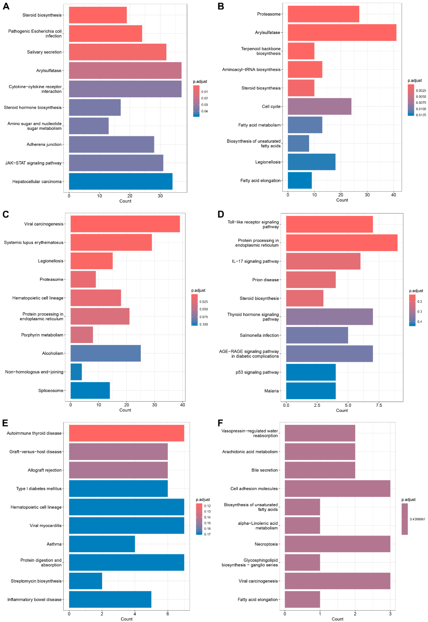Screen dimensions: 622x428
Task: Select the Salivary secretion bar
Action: click(118, 52)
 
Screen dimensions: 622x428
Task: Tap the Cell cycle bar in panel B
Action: click(319, 106)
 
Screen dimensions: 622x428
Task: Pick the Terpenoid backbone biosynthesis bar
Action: click(301, 51)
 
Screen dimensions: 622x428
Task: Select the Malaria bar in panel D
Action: click(311, 391)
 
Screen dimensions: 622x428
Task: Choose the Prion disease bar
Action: click(311, 280)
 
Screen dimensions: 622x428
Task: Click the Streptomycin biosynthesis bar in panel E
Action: click(86, 581)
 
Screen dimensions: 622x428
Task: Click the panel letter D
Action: click(221, 214)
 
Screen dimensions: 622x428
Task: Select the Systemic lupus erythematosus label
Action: click(33, 242)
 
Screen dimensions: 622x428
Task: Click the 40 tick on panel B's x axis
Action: click(393, 195)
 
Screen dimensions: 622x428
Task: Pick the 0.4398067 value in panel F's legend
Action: click(417, 519)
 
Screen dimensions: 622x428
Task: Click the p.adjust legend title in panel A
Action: click(200, 82)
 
